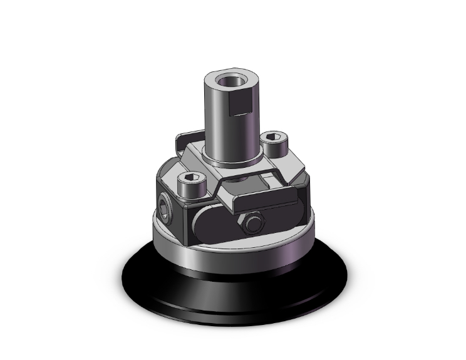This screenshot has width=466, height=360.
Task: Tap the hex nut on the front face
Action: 253,223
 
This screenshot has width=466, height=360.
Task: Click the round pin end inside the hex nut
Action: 253,223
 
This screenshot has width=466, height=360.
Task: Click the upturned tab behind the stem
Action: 188,139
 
